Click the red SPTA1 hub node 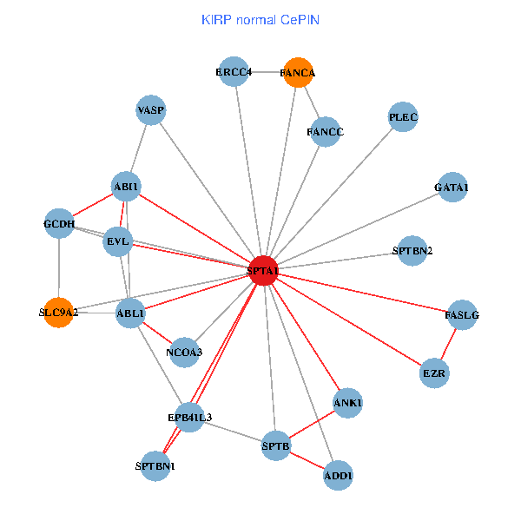point(263,271)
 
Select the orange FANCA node point(297,73)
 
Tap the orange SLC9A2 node point(58,313)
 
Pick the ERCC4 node point(234,72)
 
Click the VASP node point(151,110)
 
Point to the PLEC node point(403,117)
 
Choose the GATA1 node point(452,188)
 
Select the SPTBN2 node point(412,251)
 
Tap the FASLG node point(462,314)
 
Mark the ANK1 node point(348,403)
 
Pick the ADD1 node point(338,476)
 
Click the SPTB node point(276,446)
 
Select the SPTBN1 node point(155,466)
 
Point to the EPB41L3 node point(189,418)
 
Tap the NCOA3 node point(184,353)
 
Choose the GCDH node point(59,224)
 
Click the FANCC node point(326,132)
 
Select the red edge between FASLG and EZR point(448,343)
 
